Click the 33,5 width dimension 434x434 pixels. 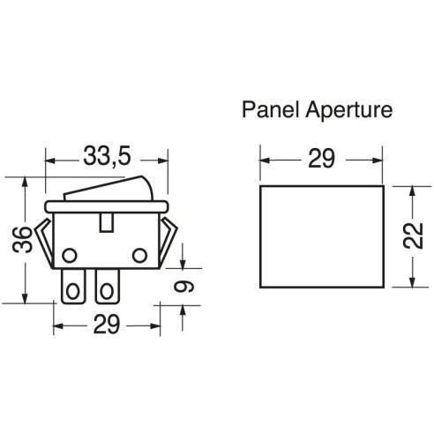point(107,157)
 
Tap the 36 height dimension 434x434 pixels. point(22,239)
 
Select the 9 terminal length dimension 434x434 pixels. point(183,286)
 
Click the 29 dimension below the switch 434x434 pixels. point(107,325)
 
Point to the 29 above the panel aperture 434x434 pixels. point(321,159)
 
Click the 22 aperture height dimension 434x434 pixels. point(413,236)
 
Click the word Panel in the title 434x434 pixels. point(270,109)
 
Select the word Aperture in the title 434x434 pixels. point(349,110)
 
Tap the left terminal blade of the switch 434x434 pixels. point(73,287)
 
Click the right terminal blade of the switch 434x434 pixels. point(108,287)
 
